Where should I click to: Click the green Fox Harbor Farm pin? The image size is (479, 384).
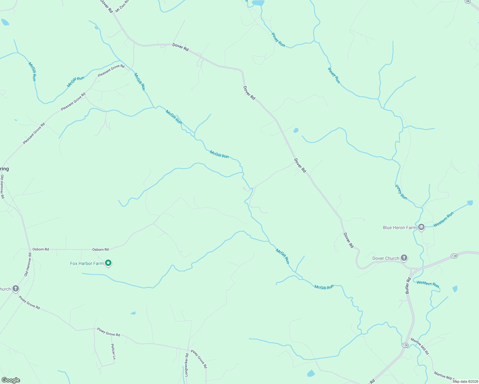point(108,263)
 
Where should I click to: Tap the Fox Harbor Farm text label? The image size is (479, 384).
point(87,263)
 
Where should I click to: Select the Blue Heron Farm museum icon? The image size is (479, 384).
point(421,228)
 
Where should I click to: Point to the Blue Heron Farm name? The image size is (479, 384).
point(400,228)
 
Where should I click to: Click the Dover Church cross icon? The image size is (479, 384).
point(404,258)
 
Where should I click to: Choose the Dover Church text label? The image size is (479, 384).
point(386,258)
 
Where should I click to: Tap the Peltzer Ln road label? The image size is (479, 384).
point(113,351)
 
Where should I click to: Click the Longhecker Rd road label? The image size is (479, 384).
point(186,364)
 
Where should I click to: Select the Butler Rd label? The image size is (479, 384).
point(408,286)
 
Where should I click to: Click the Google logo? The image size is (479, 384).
point(11,380)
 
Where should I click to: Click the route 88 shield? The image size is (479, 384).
point(468,2)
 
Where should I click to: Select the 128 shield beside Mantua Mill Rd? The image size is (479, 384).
point(405,345)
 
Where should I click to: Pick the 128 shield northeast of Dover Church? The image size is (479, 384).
point(454,256)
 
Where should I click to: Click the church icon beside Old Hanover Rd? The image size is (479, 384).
point(15,289)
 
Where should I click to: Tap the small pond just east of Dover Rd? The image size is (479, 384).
point(296,130)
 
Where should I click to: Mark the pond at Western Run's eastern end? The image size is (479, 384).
point(470,203)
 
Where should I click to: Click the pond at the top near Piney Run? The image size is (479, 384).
point(258,3)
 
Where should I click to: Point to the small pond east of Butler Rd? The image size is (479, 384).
point(455,289)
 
